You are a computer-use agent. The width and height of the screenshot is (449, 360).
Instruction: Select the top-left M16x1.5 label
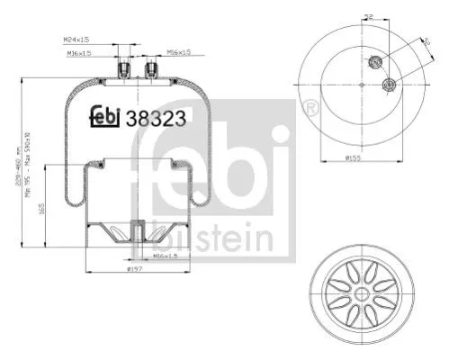click(x=82, y=52)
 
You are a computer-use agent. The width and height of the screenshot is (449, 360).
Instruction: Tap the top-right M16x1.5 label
click(x=179, y=52)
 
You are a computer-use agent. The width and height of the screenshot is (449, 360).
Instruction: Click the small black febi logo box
click(x=106, y=118)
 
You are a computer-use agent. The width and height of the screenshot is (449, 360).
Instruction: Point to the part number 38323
click(x=151, y=117)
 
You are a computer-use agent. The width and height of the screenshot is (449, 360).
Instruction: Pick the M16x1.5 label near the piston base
click(x=166, y=256)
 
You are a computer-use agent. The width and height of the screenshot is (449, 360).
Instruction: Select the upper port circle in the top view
click(x=376, y=63)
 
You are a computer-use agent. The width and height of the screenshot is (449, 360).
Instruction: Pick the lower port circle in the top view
click(x=389, y=85)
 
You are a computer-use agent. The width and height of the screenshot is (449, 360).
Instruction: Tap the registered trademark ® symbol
click(x=311, y=109)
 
